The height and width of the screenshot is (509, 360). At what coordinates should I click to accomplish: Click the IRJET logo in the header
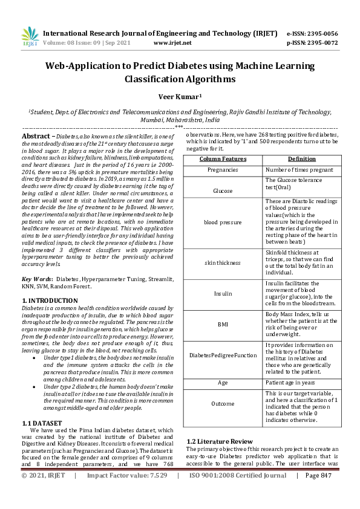point(30,37)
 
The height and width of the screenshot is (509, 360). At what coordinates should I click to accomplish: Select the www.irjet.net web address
point(172,43)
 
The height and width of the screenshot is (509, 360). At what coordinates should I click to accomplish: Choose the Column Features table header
point(223,159)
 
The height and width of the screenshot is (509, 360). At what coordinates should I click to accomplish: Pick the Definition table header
point(301,159)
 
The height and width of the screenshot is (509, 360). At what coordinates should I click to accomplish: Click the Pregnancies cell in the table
point(223,170)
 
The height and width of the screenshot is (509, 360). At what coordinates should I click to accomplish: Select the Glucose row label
point(223,190)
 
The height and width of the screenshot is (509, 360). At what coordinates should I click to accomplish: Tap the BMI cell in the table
point(223,324)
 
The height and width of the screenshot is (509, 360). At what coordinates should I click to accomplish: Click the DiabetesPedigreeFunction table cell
point(223,355)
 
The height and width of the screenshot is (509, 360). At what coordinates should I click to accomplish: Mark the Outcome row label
point(223,403)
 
